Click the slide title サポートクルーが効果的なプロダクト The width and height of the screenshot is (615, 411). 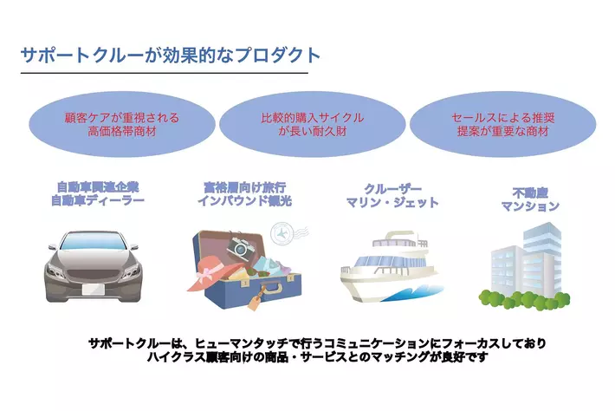tap(170, 55)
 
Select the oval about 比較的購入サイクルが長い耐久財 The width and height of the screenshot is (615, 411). tap(312, 126)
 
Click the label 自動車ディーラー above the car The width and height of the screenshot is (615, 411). tap(97, 200)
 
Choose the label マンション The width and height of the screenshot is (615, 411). tap(530, 207)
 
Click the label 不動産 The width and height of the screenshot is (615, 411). tap(530, 192)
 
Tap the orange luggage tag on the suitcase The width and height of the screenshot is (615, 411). tap(257, 298)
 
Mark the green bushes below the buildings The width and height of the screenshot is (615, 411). tap(524, 297)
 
